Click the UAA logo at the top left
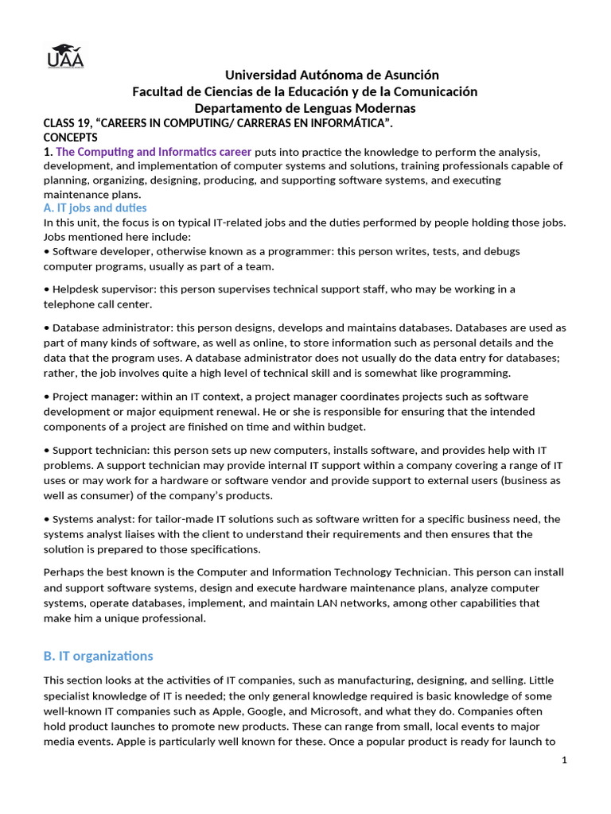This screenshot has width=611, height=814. tap(65, 55)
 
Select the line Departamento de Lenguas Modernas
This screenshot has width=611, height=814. tap(305, 108)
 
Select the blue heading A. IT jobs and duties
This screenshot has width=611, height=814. tap(95, 208)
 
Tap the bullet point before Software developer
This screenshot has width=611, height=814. tap(47, 251)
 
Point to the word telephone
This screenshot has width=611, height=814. tap(69, 304)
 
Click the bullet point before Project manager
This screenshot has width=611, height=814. tap(47, 396)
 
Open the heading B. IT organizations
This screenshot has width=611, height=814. tap(98, 656)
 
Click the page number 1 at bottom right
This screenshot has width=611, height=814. tap(564, 761)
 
